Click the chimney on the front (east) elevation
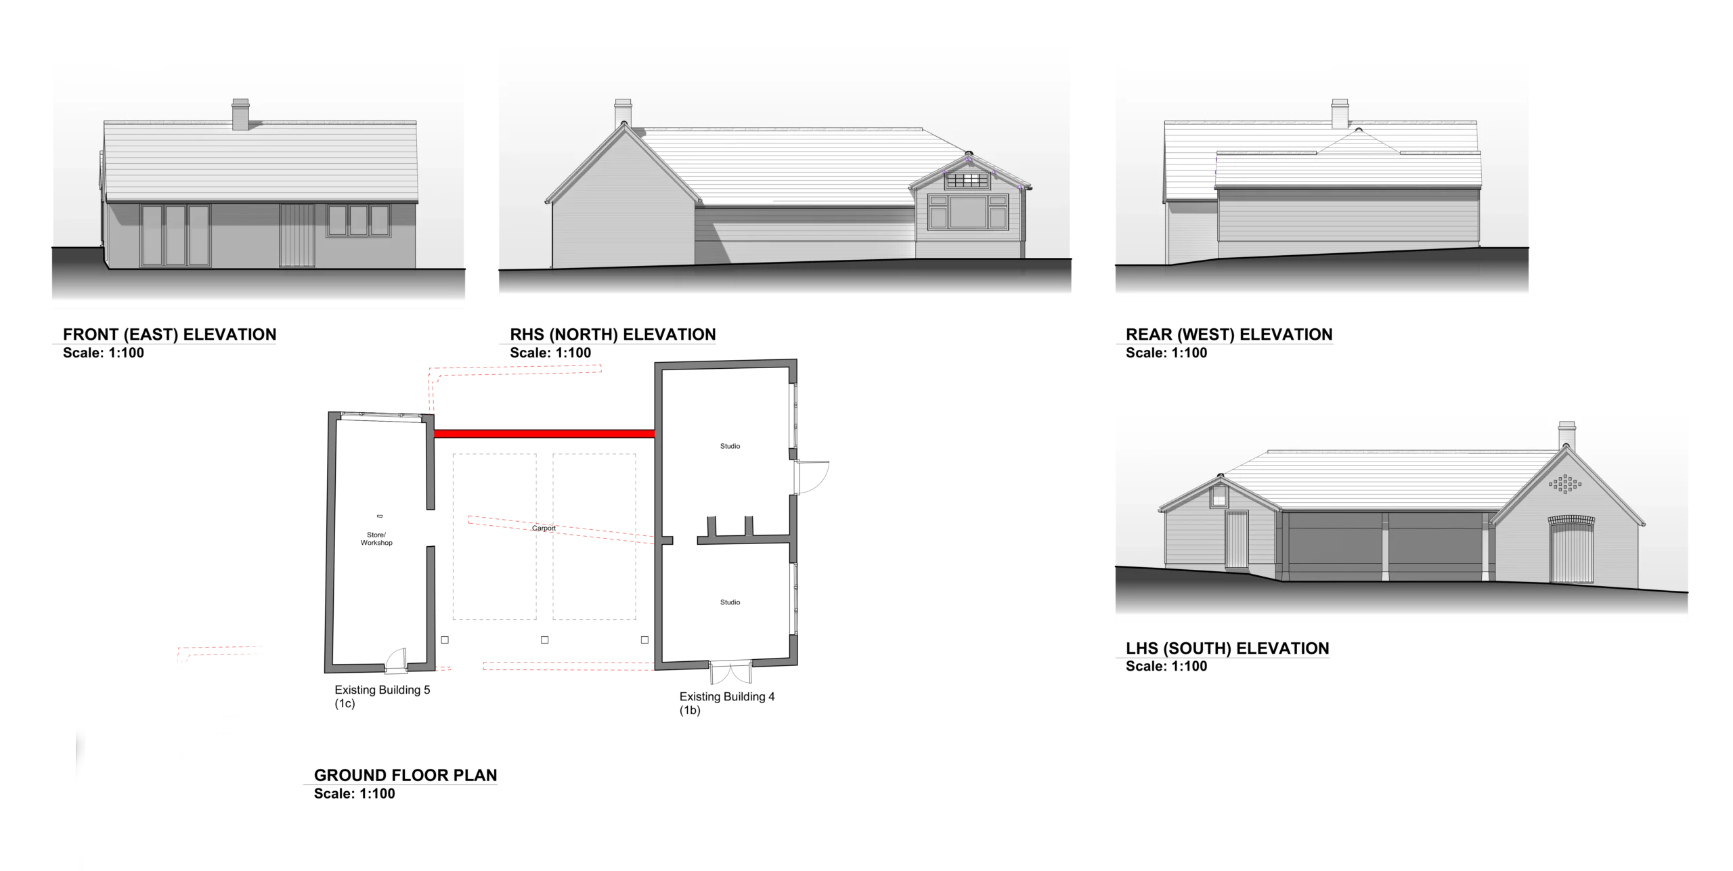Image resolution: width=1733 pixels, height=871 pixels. (240, 114)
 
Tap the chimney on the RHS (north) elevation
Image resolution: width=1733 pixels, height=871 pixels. (623, 114)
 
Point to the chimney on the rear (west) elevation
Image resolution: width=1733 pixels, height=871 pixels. (1340, 114)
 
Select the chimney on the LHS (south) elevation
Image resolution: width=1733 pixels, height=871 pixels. (1566, 436)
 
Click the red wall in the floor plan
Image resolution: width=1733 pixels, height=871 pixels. (544, 434)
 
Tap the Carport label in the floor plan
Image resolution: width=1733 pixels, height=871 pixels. (544, 529)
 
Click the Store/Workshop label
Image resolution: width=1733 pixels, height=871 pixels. (376, 539)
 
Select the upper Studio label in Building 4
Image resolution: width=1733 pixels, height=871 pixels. (730, 446)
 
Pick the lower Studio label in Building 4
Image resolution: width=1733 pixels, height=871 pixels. (730, 602)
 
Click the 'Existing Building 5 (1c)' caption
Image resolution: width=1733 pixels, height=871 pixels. (382, 696)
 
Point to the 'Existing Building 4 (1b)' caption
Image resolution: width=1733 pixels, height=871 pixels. (727, 703)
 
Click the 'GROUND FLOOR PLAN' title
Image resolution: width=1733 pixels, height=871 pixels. (405, 776)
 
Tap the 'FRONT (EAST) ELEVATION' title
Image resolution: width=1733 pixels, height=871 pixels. (169, 334)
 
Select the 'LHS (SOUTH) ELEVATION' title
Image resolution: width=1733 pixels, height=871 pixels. (1227, 648)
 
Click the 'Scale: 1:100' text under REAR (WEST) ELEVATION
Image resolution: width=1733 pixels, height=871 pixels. (1166, 353)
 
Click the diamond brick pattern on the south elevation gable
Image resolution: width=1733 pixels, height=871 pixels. (1564, 485)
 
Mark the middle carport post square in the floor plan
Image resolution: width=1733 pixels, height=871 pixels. (544, 640)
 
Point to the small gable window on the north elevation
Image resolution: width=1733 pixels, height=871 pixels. (967, 180)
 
